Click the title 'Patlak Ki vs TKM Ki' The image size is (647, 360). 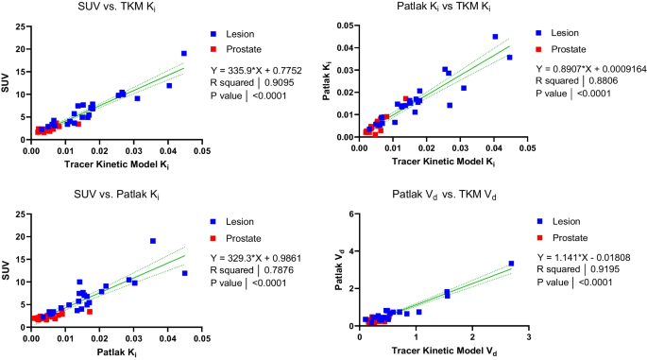(x=439, y=9)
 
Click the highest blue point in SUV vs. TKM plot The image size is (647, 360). (x=184, y=54)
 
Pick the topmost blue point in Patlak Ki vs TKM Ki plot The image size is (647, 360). (x=495, y=37)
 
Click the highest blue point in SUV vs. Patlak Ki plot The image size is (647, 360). (x=153, y=241)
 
